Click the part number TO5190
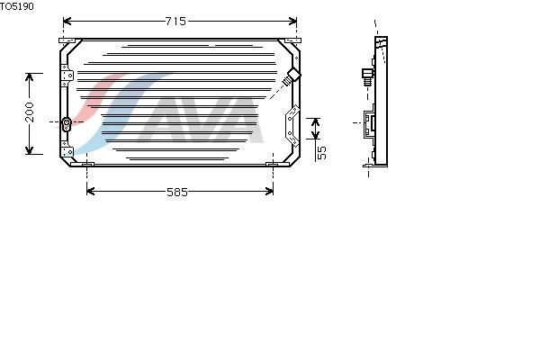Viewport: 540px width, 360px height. pos(17,6)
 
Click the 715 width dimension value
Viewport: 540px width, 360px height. pos(175,22)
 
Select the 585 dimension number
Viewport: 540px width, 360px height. pos(177,192)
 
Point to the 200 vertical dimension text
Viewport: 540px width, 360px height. pos(30,112)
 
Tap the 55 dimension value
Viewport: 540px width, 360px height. pos(321,153)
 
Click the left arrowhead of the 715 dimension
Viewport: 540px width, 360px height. pos(67,22)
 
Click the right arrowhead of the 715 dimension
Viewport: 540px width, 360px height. pos(292,22)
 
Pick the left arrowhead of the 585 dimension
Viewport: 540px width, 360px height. pos(91,191)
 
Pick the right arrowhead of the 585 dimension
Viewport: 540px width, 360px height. pos(269,191)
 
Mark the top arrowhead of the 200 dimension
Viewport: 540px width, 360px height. pos(30,77)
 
